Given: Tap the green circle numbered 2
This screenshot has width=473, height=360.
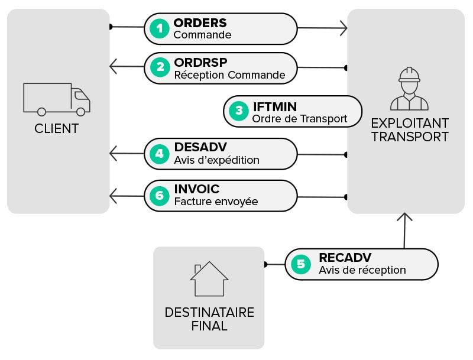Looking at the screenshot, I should coord(160,67).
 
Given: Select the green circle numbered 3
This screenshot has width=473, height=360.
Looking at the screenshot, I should coord(239,111).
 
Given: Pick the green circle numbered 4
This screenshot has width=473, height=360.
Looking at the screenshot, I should coord(160,154).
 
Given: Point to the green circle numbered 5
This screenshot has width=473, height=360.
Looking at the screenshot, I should coord(300,264).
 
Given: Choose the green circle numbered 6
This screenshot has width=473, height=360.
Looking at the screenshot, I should coord(160,195).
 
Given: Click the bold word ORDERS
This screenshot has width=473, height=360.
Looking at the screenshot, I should coord(200,23).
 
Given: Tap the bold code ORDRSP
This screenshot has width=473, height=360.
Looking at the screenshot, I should coord(200,62).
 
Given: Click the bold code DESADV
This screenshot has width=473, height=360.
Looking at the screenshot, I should coord(200,148).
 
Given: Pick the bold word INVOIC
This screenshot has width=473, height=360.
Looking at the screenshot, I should coord(197,189).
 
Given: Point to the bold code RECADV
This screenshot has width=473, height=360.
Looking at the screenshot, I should coord(345,258).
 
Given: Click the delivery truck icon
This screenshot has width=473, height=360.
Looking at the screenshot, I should coord(57,99).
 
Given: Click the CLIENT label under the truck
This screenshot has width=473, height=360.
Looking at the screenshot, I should coord(57,128).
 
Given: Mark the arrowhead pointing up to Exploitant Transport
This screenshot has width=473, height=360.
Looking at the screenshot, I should coord(404,216).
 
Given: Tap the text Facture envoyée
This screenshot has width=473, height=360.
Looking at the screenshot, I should coord(216,202).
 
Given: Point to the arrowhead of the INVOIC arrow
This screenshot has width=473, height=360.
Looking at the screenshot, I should coord(114,195).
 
